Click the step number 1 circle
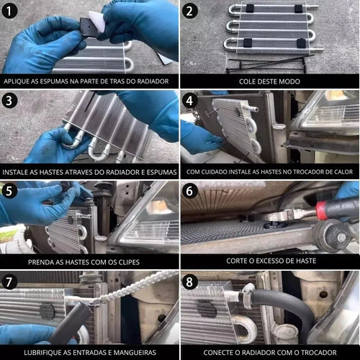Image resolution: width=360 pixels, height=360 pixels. click(9, 11)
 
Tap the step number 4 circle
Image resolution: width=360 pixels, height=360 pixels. click(189, 101)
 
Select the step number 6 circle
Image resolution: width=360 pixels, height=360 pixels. click(189, 191)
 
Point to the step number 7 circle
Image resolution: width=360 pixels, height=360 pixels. click(9, 282)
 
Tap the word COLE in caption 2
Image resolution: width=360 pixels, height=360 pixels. click(246, 81)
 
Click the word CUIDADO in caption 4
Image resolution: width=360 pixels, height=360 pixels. click(214, 172)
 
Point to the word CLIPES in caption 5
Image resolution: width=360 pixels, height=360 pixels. click(129, 262)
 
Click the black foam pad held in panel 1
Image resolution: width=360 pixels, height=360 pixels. click(89, 27)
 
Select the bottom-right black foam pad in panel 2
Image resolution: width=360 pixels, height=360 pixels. click(301, 43)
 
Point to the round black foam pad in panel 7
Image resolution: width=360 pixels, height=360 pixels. click(48, 312)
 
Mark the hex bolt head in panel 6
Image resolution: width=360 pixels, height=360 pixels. click(341, 238)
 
